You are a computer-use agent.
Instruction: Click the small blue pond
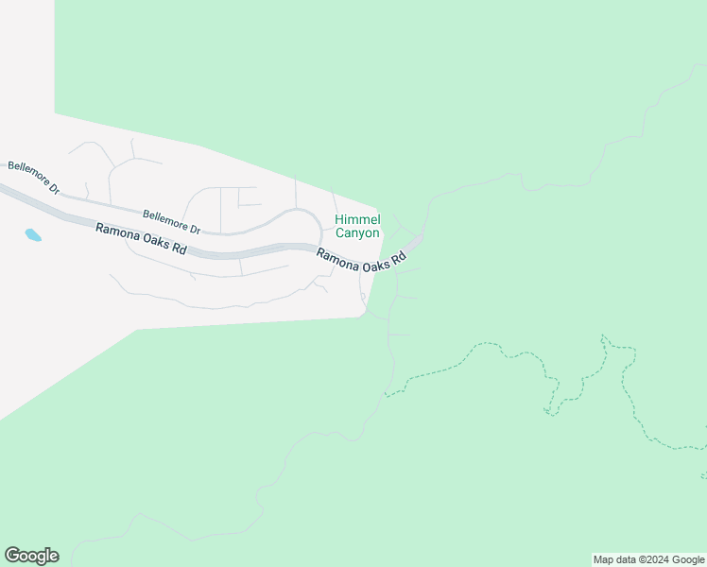[x=33, y=234]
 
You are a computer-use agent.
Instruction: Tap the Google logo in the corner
[x=31, y=556]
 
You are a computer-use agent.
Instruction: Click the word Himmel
[x=357, y=219]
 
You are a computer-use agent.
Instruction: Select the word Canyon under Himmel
[x=357, y=232]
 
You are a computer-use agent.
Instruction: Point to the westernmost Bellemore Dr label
[x=33, y=177]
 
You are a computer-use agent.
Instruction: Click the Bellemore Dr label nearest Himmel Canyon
[x=171, y=222]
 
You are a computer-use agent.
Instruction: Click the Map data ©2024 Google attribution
[x=648, y=559]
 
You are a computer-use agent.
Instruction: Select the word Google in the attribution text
[x=689, y=559]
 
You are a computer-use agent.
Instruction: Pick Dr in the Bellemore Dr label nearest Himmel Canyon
[x=194, y=228]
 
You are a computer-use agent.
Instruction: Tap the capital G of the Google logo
[x=12, y=555]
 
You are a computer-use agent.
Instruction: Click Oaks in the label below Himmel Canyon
[x=372, y=265]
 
